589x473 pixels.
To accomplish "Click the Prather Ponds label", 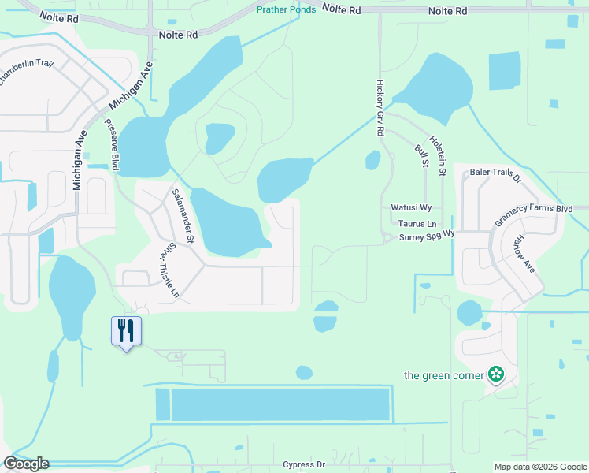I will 287,9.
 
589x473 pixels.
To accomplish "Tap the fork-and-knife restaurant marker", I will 126,330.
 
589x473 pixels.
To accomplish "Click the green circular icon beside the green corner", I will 495,374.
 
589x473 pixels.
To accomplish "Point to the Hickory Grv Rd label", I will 380,108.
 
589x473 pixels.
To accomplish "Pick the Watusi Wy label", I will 411,208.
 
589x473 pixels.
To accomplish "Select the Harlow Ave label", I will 523,254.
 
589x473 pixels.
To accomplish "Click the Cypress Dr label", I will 303,465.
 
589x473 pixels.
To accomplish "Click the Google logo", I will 26,464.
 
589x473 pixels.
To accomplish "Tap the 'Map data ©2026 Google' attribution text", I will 539,467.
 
